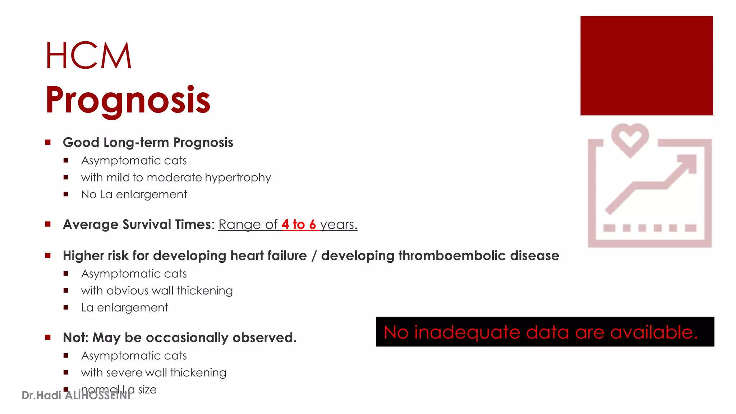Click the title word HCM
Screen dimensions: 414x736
pos(88,56)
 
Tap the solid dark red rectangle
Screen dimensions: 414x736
pos(646,65)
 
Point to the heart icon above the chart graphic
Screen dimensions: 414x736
pos(630,139)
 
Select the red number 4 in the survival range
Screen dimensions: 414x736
pos(285,225)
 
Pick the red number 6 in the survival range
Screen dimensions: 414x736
pos(312,225)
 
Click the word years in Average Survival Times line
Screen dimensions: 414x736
pos(338,225)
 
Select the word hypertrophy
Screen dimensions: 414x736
pos(238,178)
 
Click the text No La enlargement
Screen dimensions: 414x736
pos(134,194)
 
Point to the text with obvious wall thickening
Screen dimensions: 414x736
pos(157,291)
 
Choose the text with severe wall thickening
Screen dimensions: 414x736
pos(153,373)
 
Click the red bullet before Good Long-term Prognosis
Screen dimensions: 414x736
pos(48,142)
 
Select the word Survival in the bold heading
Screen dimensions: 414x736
pos(147,225)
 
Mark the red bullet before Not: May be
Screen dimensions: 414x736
pos(48,337)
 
